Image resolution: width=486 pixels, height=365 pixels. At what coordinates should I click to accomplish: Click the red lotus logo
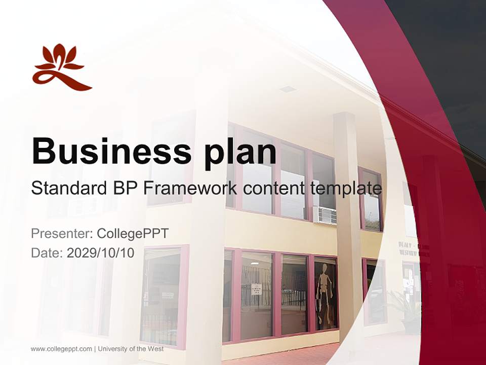point(61,68)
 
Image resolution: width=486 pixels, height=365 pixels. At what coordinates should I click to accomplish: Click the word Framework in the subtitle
point(190,188)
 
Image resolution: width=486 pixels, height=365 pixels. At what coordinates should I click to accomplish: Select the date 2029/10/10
point(101,252)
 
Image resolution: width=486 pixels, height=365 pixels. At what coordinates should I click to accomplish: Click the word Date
point(47,252)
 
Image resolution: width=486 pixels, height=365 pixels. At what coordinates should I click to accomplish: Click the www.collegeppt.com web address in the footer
point(61,349)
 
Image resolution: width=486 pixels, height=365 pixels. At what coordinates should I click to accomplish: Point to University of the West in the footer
point(131,349)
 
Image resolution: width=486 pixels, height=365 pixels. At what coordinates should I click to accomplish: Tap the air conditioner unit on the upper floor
point(325,215)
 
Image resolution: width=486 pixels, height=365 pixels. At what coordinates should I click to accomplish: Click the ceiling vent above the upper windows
point(288,89)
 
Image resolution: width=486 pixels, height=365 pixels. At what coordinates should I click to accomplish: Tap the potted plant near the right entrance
point(408,309)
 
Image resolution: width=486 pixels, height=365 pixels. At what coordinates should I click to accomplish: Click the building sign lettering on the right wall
point(408,248)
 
